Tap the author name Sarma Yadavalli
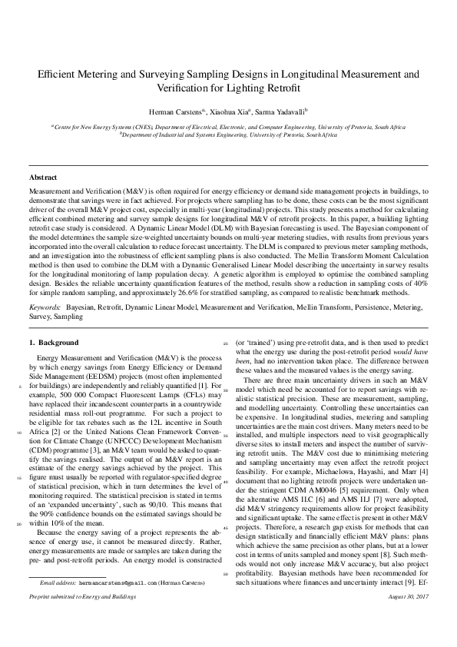[280, 111]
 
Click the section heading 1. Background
[53, 342]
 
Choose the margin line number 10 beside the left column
[18, 433]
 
